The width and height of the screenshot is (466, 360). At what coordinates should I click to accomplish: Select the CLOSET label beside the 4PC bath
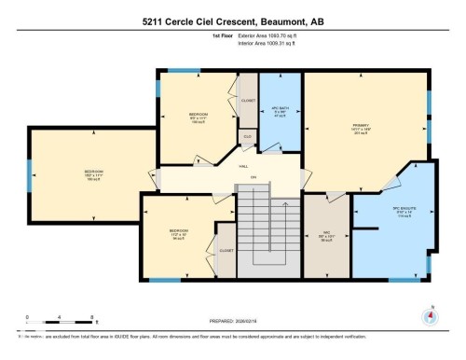248,100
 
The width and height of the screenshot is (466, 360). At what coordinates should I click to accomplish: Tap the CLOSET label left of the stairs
226,250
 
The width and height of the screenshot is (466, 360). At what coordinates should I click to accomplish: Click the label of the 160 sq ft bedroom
93,173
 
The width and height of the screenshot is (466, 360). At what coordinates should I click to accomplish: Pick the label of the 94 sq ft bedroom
179,233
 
